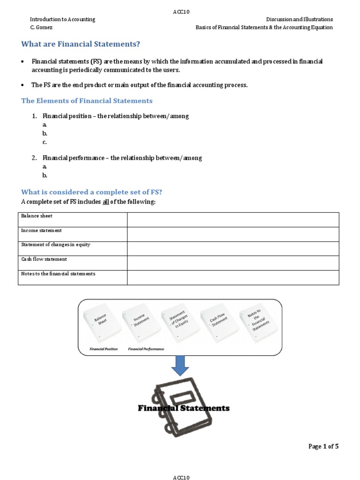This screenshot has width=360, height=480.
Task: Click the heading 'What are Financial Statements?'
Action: coord(81,44)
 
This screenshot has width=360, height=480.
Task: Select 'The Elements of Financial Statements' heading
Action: coord(87,101)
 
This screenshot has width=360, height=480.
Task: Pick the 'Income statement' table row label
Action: coord(41,231)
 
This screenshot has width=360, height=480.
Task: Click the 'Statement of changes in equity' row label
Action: coord(56,245)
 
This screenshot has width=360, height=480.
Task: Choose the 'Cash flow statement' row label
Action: coord(44,259)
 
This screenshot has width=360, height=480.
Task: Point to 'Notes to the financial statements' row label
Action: coord(58,274)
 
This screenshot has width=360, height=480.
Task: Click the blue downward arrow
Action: coord(180,365)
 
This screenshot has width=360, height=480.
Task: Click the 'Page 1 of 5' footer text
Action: coord(323,446)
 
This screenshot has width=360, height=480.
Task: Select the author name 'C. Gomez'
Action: coord(41,27)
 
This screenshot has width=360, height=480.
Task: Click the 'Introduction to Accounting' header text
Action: coord(62,19)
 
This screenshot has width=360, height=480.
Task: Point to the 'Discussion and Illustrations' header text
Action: coord(299,19)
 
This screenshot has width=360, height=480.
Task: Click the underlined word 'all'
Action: coord(105,202)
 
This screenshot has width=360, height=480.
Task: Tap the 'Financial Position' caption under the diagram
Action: coord(104,349)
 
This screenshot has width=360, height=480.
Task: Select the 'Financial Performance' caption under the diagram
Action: coord(146,349)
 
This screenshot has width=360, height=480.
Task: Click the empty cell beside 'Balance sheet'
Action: coord(232,219)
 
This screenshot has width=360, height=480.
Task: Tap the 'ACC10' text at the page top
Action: coord(181,12)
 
